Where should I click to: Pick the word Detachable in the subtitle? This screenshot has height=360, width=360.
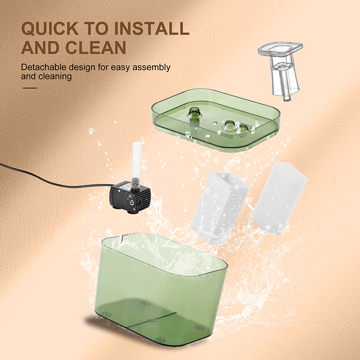point(43,67)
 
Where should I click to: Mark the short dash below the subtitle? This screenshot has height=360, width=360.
point(29,88)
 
